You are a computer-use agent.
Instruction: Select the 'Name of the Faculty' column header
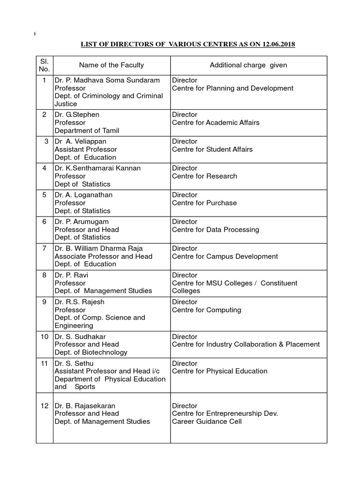(x=111, y=65)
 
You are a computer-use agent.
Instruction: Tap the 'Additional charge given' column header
(x=248, y=65)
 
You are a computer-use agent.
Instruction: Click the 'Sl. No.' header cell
(x=44, y=65)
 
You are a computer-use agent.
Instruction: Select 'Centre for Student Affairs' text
(x=212, y=149)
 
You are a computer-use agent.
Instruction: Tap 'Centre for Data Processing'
(x=215, y=230)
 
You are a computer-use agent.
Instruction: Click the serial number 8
(x=44, y=275)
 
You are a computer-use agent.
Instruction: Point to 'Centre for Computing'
(x=206, y=310)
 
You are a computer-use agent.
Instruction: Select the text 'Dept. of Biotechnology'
(x=91, y=352)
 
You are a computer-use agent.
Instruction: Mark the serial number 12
(x=44, y=405)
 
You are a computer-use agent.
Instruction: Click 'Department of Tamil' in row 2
(x=87, y=130)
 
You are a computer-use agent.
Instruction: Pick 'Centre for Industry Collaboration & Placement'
(x=246, y=344)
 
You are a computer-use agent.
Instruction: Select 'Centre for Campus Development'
(x=225, y=256)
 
